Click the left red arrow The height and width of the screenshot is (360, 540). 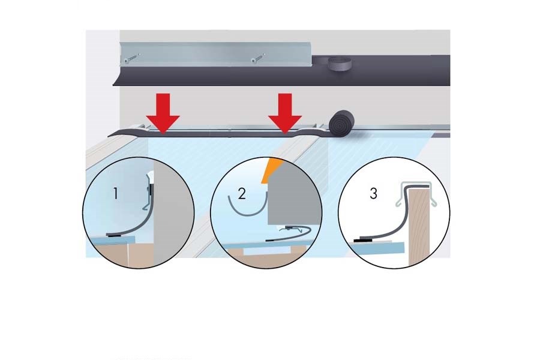(163, 113)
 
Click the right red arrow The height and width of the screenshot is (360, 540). (285, 113)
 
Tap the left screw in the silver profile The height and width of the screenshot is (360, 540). (132, 58)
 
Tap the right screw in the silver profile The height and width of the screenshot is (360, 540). (258, 58)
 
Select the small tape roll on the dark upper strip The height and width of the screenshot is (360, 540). (338, 64)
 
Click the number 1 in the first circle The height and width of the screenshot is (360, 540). (116, 193)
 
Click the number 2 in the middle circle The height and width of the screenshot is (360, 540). (242, 194)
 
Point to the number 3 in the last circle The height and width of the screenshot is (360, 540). (373, 193)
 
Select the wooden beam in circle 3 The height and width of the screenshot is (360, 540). (419, 227)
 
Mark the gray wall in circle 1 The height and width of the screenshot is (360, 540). (173, 214)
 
